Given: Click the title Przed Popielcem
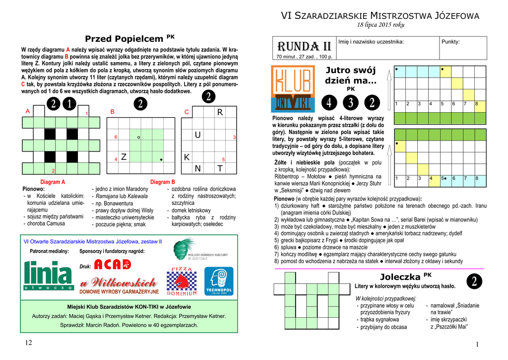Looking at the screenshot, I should [x=124, y=39].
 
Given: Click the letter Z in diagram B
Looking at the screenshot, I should [x=124, y=157].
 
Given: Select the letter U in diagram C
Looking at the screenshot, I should [x=198, y=135].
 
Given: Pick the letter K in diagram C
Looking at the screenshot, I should [x=187, y=157].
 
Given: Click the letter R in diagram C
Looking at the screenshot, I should [x=220, y=113].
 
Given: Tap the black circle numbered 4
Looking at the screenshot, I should [x=328, y=103].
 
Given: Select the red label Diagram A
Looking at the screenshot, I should [x=53, y=182].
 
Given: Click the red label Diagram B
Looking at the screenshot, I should [x=163, y=182].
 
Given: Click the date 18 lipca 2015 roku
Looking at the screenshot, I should [x=381, y=25].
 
